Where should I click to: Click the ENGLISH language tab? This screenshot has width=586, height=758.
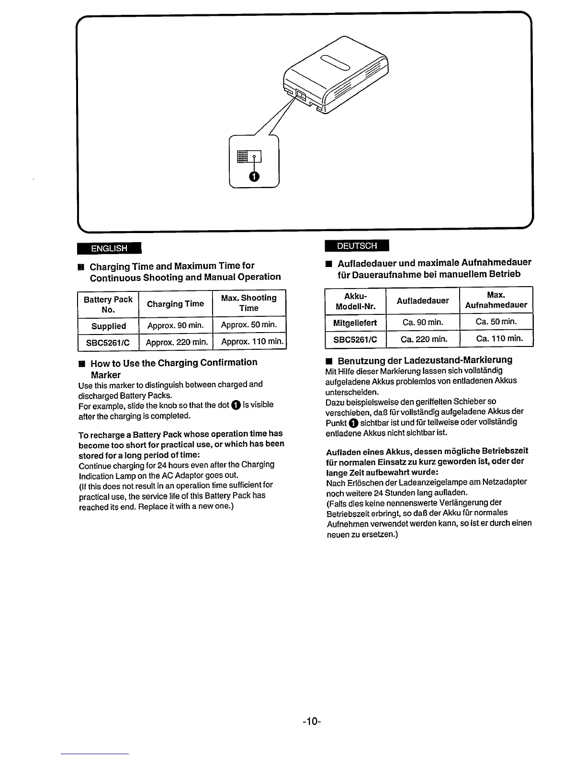110,248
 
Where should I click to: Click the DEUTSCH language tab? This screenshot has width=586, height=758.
357,245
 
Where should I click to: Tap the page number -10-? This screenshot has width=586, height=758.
311,721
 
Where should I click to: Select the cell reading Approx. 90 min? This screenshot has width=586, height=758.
175,326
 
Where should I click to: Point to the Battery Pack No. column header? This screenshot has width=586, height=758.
108,304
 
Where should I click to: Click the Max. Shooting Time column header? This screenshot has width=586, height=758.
249,303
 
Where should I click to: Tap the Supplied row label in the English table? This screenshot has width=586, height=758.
109,326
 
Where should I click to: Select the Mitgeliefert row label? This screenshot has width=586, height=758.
355,323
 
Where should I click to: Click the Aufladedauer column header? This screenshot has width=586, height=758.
423,301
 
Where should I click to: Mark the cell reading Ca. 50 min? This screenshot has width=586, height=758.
496,322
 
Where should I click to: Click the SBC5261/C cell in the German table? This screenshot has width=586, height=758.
355,340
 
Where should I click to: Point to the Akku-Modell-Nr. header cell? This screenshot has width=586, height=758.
355,301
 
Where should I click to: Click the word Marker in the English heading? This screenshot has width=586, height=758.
105,375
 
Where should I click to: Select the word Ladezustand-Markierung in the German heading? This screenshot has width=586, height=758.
458,360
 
